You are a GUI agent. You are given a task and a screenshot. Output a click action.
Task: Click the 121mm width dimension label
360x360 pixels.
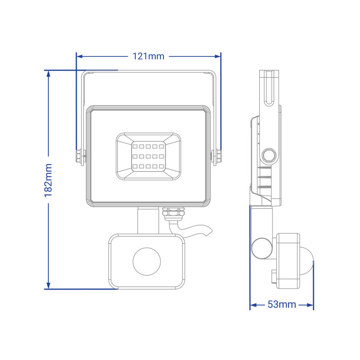point(149,56)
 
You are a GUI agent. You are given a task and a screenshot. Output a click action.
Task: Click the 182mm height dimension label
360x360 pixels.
point(48,181)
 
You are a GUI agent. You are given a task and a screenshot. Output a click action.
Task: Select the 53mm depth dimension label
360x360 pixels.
point(282,304)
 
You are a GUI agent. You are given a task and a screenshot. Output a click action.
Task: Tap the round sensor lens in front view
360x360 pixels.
point(147,261)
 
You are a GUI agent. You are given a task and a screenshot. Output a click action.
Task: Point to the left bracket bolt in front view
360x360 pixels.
point(80,157)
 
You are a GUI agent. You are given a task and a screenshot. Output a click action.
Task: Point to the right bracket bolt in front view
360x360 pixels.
point(216,157)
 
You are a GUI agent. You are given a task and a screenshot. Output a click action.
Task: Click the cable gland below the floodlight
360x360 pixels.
point(173,213)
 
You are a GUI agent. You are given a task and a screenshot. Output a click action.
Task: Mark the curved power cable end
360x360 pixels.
point(208,230)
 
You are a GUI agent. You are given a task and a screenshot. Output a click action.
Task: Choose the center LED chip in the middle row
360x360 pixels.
point(148,156)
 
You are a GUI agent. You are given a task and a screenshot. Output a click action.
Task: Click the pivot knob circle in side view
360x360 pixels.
point(269,155)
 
